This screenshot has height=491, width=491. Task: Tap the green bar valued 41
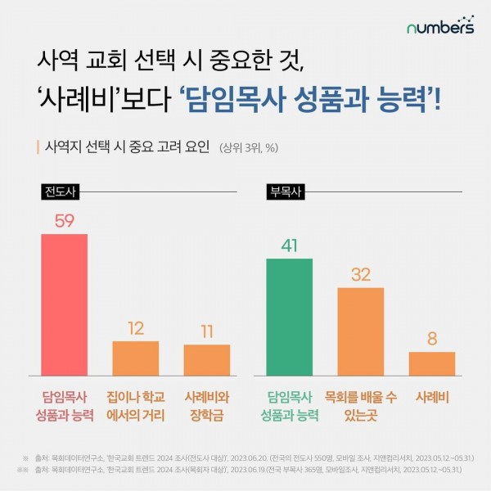tap(289, 317)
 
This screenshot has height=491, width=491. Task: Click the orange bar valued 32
tap(360, 331)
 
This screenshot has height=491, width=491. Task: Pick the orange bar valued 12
tap(135, 358)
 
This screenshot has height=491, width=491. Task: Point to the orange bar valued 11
tap(206, 360)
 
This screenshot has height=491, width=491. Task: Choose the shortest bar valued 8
tap(431, 363)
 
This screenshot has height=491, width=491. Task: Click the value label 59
tap(65, 221)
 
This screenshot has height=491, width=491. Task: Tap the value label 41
tap(289, 245)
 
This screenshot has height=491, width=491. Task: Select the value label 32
tap(360, 275)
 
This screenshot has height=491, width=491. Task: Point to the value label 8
tap(431, 339)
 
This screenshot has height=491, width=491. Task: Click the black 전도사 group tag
tap(59, 192)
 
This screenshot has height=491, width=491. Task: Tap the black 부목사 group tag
tap(283, 192)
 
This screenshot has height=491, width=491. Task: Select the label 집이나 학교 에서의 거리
tap(136, 405)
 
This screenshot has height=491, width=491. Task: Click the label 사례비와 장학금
tap(206, 405)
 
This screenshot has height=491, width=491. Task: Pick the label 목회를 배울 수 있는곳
tap(360, 405)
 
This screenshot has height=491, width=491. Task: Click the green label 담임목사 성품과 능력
tap(289, 405)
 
